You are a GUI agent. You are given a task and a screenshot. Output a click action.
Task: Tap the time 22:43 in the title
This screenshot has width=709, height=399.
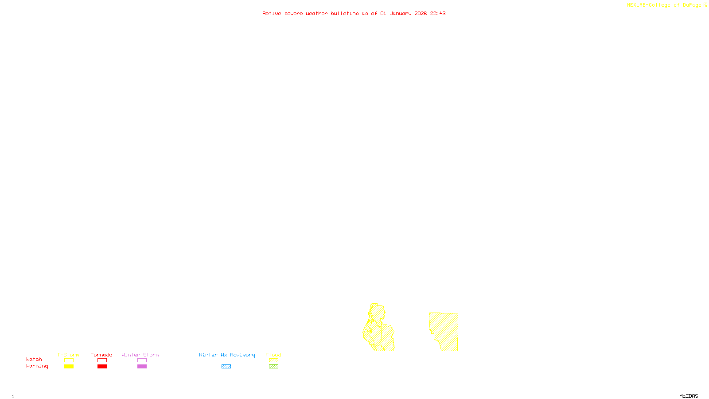click(437, 13)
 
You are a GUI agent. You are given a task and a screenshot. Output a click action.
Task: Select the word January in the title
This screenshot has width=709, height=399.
click(400, 13)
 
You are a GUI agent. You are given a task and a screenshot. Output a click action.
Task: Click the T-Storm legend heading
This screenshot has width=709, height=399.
click(68, 355)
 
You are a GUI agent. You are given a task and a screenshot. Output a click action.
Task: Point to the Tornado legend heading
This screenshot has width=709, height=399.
click(101, 355)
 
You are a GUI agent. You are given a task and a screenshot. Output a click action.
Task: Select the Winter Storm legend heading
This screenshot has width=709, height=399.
click(140, 355)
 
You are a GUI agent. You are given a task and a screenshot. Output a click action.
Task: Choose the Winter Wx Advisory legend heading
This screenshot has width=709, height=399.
click(227, 355)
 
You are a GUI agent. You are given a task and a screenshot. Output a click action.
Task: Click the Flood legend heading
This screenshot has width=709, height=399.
click(273, 355)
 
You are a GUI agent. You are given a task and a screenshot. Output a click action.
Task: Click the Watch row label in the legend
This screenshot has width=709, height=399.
click(34, 359)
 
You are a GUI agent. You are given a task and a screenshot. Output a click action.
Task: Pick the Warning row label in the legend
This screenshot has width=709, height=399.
click(37, 366)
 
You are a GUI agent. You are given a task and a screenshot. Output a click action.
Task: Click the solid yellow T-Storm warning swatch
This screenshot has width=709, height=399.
click(69, 367)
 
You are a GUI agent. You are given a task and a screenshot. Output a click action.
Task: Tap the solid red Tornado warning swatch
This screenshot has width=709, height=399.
click(102, 367)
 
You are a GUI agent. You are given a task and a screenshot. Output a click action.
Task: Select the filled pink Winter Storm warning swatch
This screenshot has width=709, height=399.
click(142, 367)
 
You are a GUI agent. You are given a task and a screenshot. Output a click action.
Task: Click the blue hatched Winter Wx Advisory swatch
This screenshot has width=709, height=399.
click(226, 367)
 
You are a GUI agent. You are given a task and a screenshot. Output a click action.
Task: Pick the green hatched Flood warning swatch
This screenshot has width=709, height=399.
click(273, 367)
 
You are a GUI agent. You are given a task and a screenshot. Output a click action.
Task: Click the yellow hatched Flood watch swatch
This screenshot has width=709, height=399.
click(273, 360)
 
